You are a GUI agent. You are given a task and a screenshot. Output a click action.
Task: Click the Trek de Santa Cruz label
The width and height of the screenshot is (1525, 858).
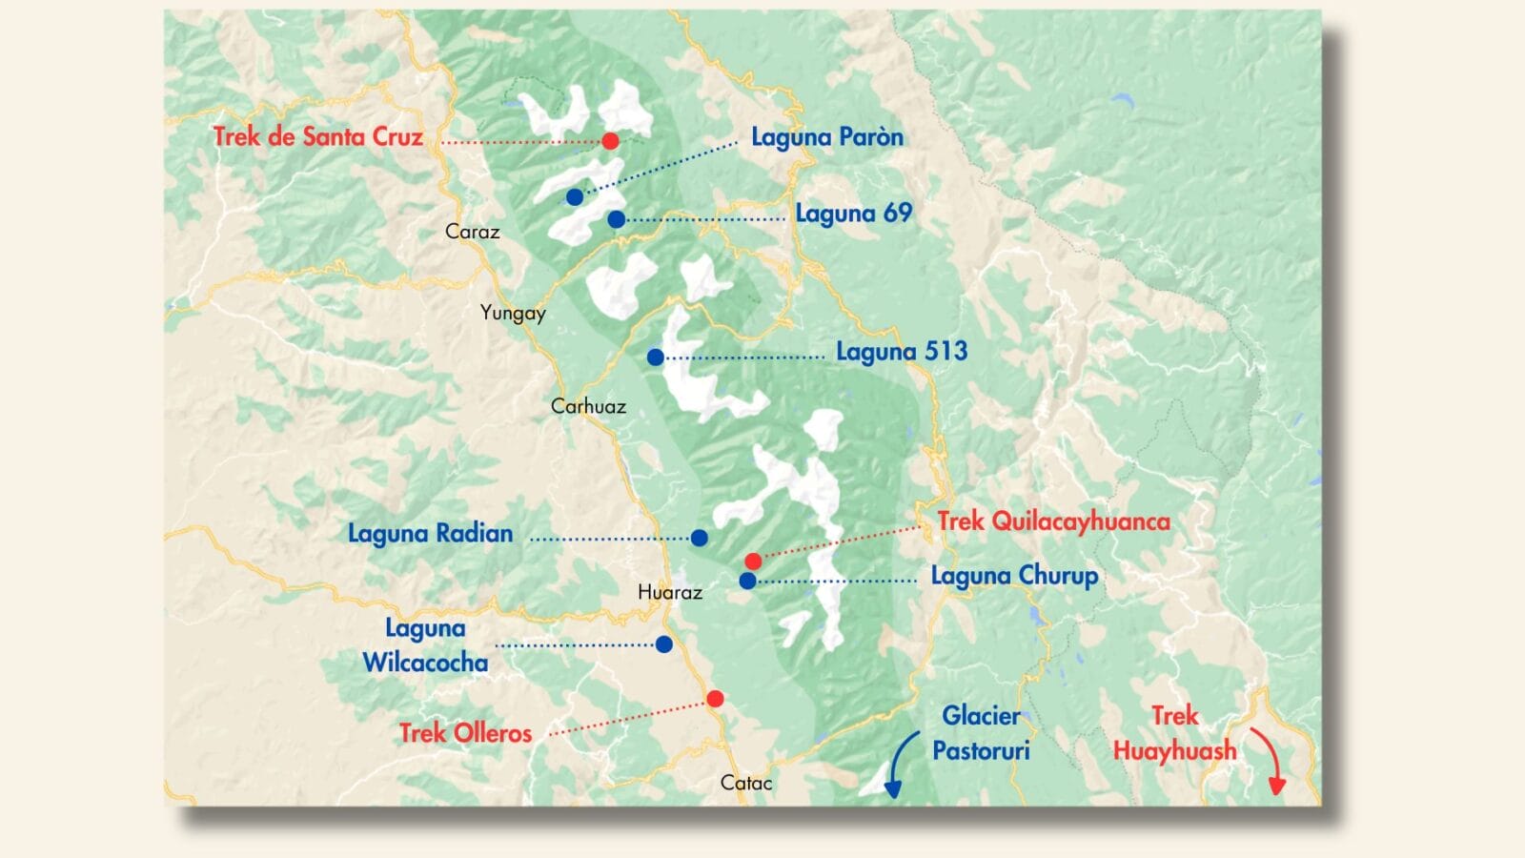(x=317, y=137)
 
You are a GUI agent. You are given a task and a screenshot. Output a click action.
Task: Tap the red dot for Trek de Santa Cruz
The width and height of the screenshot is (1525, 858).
(x=610, y=141)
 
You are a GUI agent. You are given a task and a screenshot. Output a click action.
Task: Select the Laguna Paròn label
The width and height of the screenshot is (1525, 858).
(x=826, y=137)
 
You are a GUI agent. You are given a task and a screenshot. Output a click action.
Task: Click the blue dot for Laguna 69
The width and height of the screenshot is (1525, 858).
(x=617, y=219)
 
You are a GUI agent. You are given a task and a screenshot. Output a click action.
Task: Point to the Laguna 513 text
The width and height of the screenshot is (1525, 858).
(x=901, y=352)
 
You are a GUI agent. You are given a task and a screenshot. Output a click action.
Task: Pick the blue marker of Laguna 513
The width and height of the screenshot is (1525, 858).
(x=655, y=357)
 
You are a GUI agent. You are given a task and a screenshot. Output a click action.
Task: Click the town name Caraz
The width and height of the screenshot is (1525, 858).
(x=472, y=232)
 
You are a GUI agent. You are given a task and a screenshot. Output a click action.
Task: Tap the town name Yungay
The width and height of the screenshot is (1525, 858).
(x=513, y=313)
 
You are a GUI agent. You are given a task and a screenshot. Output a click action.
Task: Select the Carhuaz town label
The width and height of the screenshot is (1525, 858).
(x=588, y=406)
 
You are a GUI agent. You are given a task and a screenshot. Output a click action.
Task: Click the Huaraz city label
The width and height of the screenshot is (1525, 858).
(x=669, y=592)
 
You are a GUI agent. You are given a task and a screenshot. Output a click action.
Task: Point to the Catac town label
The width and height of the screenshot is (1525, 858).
(x=745, y=783)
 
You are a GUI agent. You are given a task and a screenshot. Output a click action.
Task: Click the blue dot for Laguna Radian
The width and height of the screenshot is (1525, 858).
(x=699, y=538)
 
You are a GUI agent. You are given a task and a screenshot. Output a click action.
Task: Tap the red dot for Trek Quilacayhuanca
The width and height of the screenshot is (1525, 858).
(x=753, y=561)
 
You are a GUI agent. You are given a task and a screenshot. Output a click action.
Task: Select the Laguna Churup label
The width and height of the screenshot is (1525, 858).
(x=1014, y=576)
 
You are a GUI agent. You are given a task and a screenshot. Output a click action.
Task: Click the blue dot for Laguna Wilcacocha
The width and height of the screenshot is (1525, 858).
(x=663, y=644)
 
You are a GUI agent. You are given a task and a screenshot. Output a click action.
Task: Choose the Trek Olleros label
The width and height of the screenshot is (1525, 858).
(x=465, y=733)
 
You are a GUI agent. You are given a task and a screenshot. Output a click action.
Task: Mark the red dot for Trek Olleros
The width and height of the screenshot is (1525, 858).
(x=715, y=699)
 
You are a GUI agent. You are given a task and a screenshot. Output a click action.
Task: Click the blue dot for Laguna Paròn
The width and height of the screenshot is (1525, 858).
(x=574, y=197)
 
